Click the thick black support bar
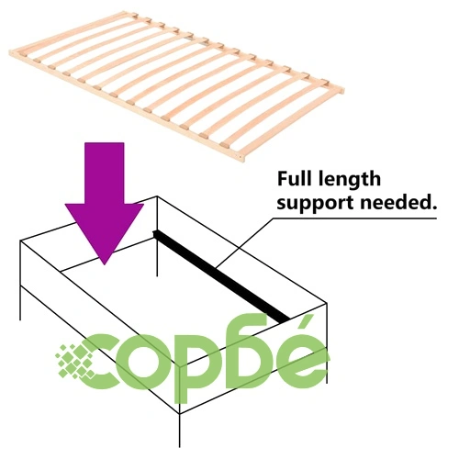coord(221,276)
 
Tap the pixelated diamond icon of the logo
coord(75,361)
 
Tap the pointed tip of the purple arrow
coord(105,264)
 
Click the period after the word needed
coord(433,207)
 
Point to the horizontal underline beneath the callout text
coord(355,218)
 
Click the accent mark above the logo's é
coord(305,325)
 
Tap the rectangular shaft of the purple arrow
coord(105,174)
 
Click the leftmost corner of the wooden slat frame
coord(10,52)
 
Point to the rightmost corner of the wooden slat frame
coord(343,90)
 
